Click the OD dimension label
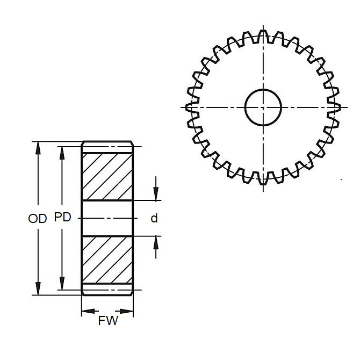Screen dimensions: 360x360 pyautogui.click(x=37, y=218)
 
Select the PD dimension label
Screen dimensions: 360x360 pyautogui.click(x=62, y=218)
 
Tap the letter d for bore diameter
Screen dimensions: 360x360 pyautogui.click(x=154, y=218)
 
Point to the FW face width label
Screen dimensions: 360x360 pyautogui.click(x=107, y=321)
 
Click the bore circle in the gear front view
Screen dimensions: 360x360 pyautogui.click(x=263, y=106)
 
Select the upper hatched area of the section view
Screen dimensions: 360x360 pyautogui.click(x=107, y=176)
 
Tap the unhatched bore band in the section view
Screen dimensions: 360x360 pyautogui.click(x=107, y=218)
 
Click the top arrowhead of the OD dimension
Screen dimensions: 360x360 pyautogui.click(x=38, y=148)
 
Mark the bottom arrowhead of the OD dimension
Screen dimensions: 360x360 pyautogui.click(x=38, y=289)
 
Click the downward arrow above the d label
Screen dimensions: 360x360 pyautogui.click(x=156, y=194)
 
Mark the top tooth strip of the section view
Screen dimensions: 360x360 pyautogui.click(x=107, y=147)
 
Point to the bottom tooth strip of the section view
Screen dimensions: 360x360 pyautogui.click(x=107, y=289)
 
